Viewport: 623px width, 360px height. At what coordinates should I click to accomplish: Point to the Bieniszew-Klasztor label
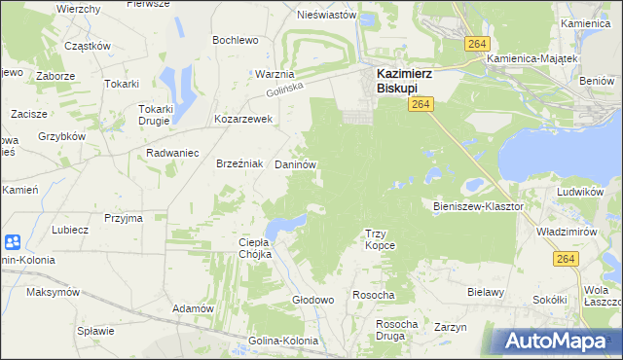478,206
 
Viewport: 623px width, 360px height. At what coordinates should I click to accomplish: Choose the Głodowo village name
313,300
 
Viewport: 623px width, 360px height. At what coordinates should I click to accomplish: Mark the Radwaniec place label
172,153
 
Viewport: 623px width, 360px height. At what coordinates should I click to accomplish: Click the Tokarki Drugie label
156,115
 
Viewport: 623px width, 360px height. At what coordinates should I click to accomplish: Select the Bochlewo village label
236,40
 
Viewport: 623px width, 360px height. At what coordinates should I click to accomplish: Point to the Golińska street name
285,90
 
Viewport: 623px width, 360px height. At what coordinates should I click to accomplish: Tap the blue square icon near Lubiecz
13,242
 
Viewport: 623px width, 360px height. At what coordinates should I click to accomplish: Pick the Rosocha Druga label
396,330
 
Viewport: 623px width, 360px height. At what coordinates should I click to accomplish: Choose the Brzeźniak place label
239,164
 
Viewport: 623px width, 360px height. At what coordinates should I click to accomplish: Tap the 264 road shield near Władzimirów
566,258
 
